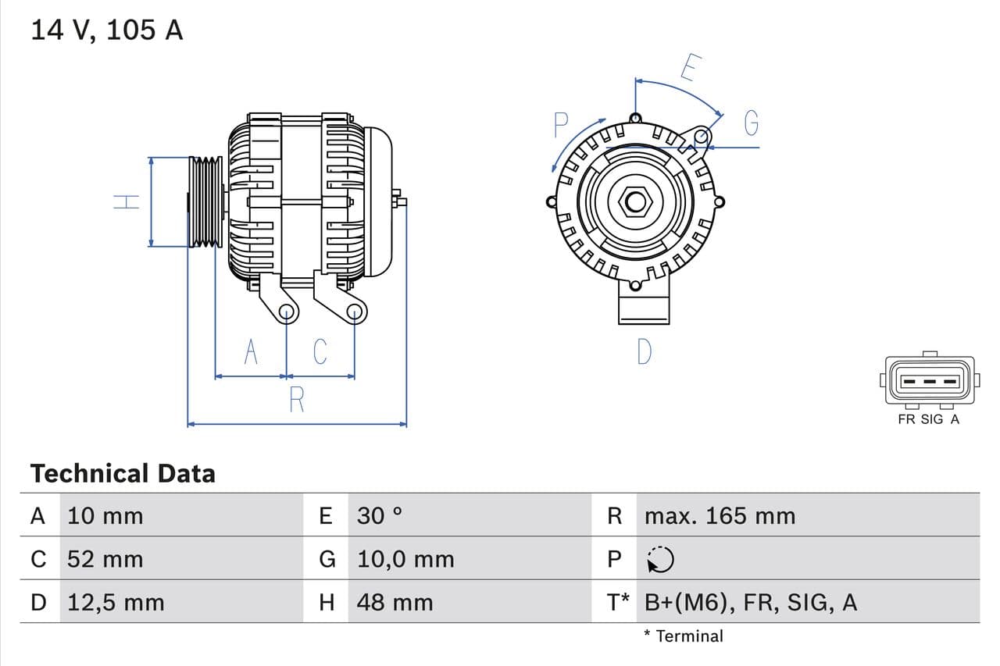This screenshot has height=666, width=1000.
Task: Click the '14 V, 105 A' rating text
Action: pos(106,30)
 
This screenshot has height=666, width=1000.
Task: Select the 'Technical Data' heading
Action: pos(123,473)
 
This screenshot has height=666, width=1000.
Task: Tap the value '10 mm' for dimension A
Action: pos(105,516)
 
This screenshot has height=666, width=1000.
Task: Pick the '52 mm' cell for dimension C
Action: pos(105,559)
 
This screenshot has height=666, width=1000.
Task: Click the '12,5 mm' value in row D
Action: pos(116,602)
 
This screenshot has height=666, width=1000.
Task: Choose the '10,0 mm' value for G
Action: pos(405,559)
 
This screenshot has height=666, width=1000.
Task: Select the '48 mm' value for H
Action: pos(395,602)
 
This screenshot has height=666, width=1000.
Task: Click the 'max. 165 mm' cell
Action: pos(720,516)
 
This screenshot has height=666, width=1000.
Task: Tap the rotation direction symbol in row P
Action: pos(660,559)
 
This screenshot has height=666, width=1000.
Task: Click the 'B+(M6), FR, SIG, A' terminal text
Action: pos(751,602)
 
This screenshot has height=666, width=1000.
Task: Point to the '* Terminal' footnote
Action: pos(684,636)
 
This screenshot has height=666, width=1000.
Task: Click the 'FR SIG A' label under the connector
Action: pos(928,419)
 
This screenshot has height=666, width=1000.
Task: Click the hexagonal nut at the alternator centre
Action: pos(636,202)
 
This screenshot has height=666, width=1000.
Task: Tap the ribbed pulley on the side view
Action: pos(206,202)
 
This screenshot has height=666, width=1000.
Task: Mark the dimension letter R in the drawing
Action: pos(297,400)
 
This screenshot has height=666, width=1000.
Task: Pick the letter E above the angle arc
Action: pos(688,68)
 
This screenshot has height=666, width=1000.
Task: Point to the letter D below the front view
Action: pos(643,352)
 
